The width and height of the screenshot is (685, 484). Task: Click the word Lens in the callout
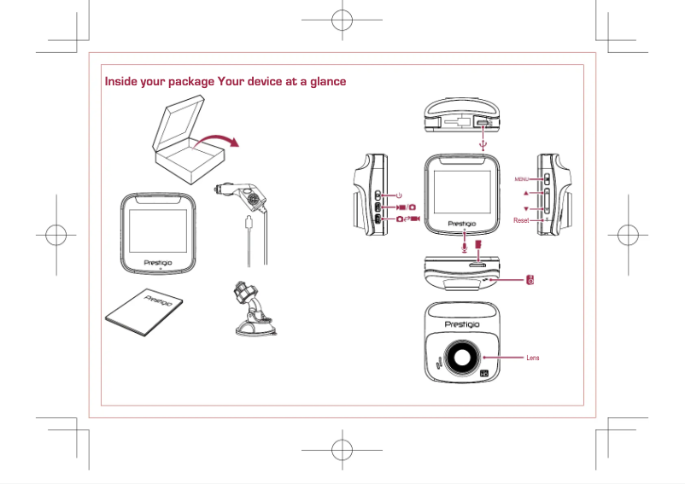click(532, 357)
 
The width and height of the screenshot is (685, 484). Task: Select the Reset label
click(521, 220)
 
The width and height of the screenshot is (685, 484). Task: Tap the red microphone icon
click(464, 246)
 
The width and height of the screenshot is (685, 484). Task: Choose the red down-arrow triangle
click(526, 208)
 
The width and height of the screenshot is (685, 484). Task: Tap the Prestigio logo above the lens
click(462, 324)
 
